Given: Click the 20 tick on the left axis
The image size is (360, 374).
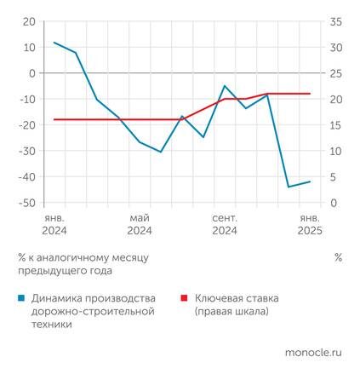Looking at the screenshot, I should (30, 20).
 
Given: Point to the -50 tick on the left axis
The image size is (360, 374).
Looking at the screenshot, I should (27, 203).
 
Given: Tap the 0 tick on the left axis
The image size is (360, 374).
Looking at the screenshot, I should (32, 73).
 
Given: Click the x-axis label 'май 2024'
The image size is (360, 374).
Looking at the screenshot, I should (140, 224).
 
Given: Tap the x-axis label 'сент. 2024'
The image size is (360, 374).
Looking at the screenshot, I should (225, 224).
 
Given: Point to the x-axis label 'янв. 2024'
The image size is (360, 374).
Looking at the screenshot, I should (54, 224).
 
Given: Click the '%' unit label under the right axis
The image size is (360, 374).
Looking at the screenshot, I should (338, 256).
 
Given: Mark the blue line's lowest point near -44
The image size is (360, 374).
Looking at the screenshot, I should (289, 187).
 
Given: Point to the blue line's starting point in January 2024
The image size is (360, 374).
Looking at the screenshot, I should (54, 43).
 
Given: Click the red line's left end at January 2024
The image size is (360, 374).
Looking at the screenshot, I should (54, 119).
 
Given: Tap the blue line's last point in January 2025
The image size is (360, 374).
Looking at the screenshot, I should (310, 181).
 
